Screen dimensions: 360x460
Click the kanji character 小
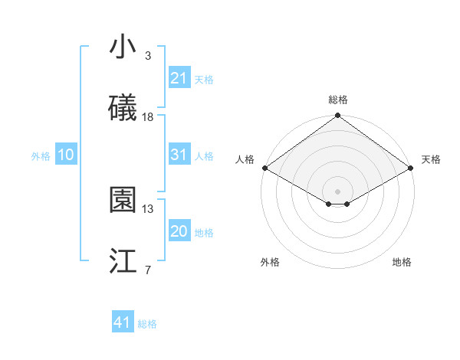click(123, 47)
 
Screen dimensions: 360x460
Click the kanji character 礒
click(123, 108)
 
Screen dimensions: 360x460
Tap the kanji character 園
click(123, 200)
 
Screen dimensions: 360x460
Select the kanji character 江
click(123, 261)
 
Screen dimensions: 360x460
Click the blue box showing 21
click(179, 78)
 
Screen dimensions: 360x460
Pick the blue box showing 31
click(179, 155)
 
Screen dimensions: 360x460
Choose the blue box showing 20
click(179, 231)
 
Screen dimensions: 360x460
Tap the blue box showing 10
click(65, 155)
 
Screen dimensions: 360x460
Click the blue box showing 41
click(123, 322)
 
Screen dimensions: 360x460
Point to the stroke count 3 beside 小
click(148, 56)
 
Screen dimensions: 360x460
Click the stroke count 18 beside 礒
click(148, 117)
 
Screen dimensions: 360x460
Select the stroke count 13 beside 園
click(148, 208)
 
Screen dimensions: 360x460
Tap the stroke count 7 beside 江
click(148, 270)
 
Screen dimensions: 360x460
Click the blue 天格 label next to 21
click(204, 80)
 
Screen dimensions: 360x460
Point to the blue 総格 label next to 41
click(147, 324)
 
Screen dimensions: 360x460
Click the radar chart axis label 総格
click(337, 100)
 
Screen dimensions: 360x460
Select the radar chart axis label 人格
click(245, 159)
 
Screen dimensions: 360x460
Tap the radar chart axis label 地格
click(402, 263)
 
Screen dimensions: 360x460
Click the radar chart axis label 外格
click(270, 263)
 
